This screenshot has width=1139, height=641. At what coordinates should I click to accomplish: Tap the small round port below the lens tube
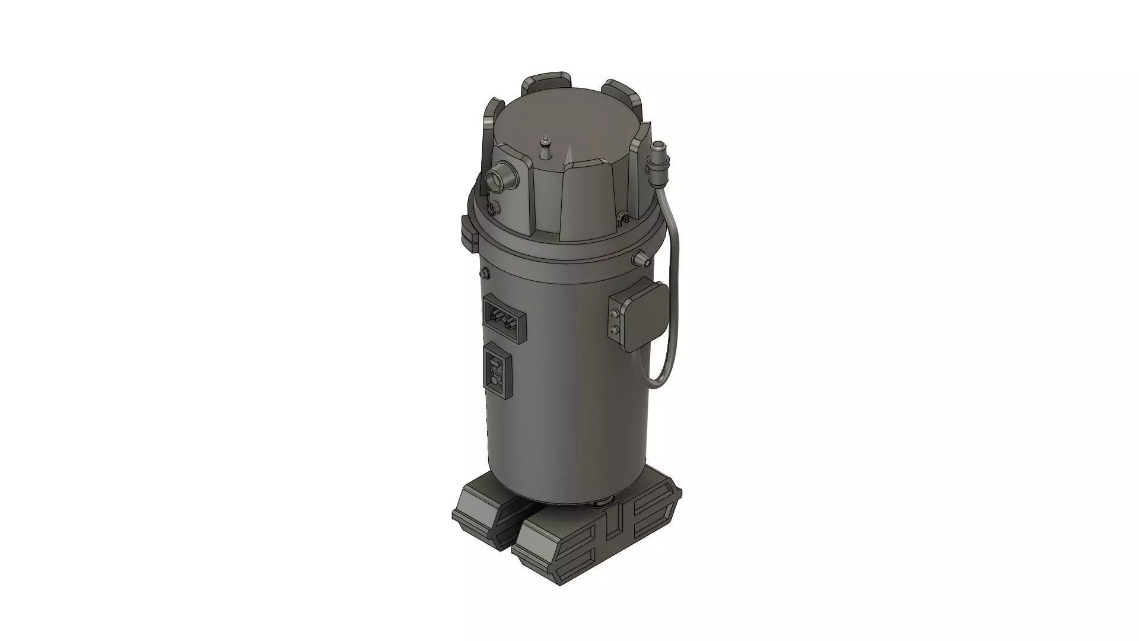492,208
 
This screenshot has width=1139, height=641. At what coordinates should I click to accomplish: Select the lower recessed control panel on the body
497,369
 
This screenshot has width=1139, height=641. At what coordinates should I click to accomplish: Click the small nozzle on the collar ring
641,258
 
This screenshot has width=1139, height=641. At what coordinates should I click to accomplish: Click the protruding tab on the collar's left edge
469,231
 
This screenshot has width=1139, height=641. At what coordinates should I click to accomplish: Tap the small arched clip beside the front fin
622,217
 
